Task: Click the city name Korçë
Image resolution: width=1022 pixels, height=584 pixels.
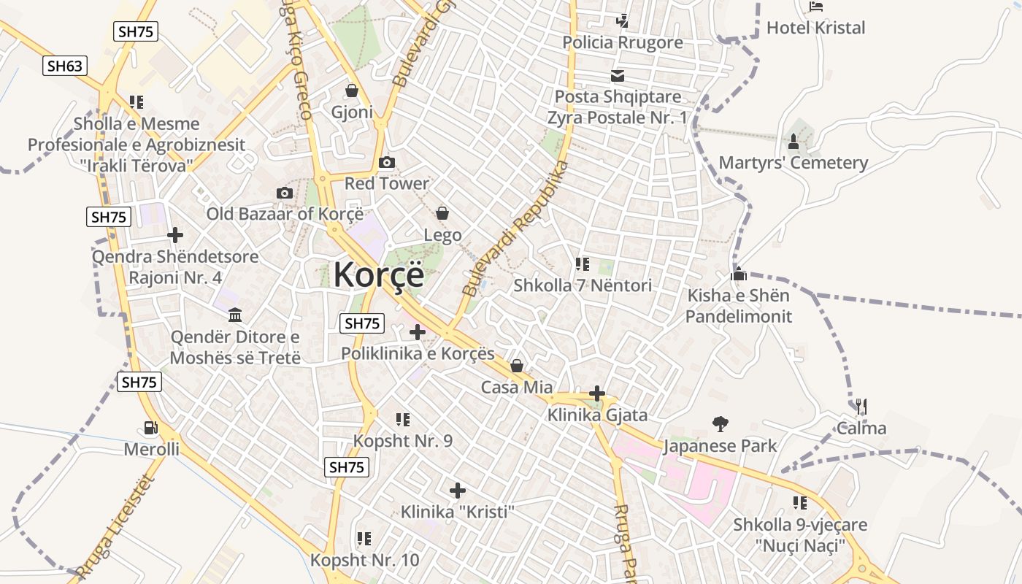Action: (x=378, y=274)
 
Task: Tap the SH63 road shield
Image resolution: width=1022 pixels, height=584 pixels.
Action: (x=65, y=66)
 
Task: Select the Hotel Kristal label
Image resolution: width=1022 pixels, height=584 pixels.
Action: (x=815, y=28)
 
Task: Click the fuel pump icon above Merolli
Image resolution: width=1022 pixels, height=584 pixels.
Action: (x=151, y=428)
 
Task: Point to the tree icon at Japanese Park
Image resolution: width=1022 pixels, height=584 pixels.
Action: (x=721, y=423)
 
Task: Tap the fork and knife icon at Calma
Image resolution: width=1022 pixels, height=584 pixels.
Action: (x=861, y=406)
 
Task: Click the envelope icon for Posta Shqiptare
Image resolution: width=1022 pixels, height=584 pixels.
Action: (x=618, y=75)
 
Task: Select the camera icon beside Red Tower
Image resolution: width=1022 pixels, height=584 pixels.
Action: (x=387, y=162)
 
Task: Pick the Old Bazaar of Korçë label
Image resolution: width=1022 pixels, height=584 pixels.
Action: (x=285, y=214)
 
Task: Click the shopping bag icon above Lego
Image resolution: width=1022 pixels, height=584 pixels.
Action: (x=442, y=213)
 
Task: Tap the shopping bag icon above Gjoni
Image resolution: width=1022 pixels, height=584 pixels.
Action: (x=352, y=91)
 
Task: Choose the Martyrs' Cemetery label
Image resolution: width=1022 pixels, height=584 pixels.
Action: (x=794, y=162)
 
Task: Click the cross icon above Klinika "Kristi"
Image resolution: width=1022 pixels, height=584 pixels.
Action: (x=458, y=490)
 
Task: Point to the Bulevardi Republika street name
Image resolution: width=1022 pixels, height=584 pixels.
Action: (x=515, y=228)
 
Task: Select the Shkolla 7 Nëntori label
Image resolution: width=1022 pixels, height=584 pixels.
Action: (x=583, y=285)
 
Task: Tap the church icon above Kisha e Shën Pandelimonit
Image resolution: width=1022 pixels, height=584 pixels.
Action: (x=739, y=274)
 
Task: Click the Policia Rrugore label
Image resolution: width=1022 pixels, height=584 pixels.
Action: (x=623, y=42)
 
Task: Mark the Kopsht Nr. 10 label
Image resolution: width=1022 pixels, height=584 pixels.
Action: (x=365, y=560)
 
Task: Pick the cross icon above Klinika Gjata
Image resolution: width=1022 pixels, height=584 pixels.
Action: (x=597, y=393)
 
